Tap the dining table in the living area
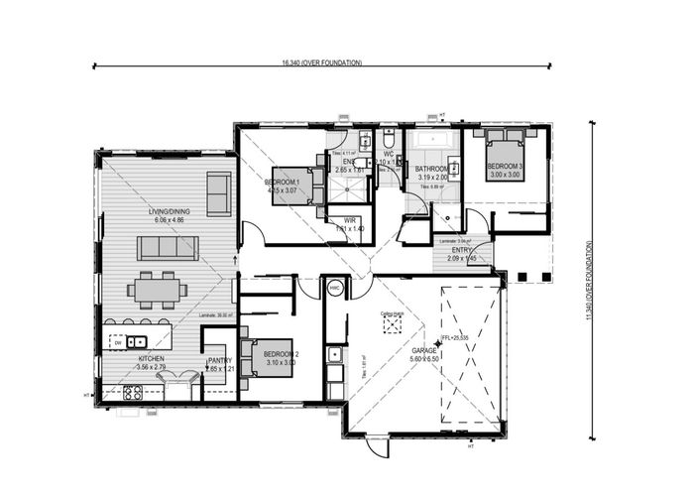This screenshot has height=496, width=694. tap(158, 290)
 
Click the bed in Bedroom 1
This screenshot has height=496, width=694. tap(293, 186)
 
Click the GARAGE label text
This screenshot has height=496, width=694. tap(425, 350)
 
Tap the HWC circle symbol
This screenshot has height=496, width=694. tap(335, 289)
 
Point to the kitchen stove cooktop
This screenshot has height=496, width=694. tap(133, 392)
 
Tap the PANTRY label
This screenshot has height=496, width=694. tap(219, 361)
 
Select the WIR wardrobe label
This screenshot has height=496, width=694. tap(350, 221)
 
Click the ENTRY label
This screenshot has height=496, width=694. tap(462, 250)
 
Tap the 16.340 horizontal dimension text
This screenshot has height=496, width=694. tap(321, 62)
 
